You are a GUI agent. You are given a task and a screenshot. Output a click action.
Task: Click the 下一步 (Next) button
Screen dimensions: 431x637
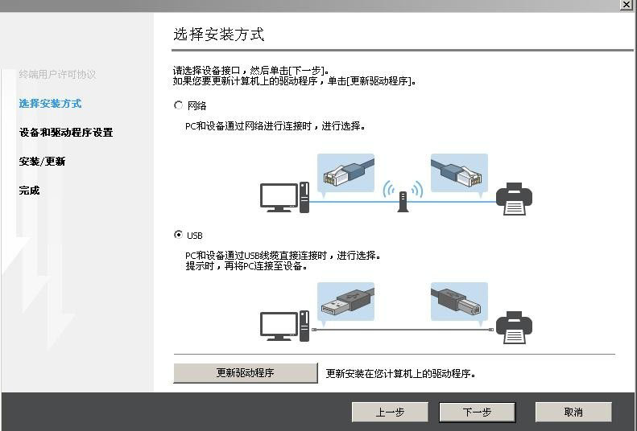[x=477, y=412]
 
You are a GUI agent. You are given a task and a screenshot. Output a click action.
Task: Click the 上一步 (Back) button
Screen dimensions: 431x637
[x=390, y=412]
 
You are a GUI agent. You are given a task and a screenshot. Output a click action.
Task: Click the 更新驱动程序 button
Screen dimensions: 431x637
[x=246, y=373]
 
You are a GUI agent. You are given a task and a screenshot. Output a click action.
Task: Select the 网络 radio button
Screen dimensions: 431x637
[x=179, y=105]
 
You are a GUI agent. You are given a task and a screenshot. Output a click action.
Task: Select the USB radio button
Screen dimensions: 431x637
[x=179, y=235]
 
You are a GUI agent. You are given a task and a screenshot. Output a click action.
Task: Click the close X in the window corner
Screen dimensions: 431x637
[x=626, y=5]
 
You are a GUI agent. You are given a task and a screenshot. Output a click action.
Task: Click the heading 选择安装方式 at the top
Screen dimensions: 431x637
[x=219, y=35]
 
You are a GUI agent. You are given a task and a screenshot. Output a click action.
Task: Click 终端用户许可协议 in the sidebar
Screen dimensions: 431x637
[x=57, y=74]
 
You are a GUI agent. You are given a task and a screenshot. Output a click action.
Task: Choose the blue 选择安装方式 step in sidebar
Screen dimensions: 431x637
[x=50, y=103]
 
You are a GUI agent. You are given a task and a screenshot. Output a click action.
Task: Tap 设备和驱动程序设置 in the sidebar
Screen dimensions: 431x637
[x=66, y=132]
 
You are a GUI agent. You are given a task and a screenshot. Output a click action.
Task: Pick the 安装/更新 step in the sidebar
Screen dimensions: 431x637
[x=42, y=161]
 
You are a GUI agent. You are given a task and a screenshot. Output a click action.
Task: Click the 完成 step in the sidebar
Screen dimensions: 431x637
[x=30, y=190]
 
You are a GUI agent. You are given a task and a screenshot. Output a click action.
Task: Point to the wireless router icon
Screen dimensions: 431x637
[x=402, y=197]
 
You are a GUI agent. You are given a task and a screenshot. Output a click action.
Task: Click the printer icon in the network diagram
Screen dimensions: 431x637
[x=514, y=199]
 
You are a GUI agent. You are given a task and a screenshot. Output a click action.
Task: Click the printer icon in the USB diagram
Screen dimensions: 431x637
[x=514, y=327]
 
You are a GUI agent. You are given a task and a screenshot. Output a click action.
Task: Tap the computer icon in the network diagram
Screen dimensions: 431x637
[x=284, y=197]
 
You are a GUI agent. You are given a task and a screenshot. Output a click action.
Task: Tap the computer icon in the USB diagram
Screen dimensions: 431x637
[x=284, y=326]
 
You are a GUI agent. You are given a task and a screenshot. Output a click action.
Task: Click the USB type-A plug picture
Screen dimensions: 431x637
[x=345, y=302]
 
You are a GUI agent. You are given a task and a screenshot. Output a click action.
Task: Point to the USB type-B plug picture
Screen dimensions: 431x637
[x=459, y=302]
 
